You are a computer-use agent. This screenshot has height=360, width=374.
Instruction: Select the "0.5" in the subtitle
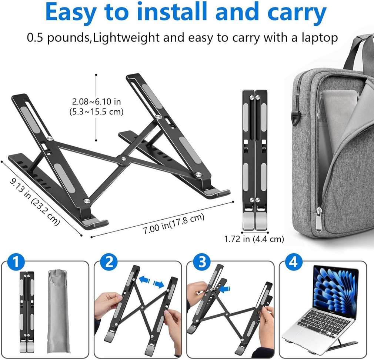[x=35, y=38]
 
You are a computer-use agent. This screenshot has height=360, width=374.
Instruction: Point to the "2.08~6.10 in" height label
[x=97, y=101]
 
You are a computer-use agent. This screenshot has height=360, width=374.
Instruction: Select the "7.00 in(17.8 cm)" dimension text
[x=173, y=224]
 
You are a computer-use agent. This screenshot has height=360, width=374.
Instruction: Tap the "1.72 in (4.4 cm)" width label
[x=254, y=239]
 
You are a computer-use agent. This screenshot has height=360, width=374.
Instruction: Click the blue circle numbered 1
[x=16, y=262]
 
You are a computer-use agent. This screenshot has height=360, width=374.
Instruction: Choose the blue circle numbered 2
[x=109, y=262]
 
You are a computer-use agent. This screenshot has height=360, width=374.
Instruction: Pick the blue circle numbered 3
[x=201, y=262]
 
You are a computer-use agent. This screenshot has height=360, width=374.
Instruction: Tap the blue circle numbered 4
[x=294, y=262]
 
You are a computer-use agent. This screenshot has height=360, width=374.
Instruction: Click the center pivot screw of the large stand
[x=124, y=159]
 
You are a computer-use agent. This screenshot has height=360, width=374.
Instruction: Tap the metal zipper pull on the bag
[x=319, y=220]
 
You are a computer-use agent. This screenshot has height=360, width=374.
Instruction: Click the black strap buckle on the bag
[x=295, y=118]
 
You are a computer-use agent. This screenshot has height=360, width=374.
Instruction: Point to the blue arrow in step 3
[x=225, y=289]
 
